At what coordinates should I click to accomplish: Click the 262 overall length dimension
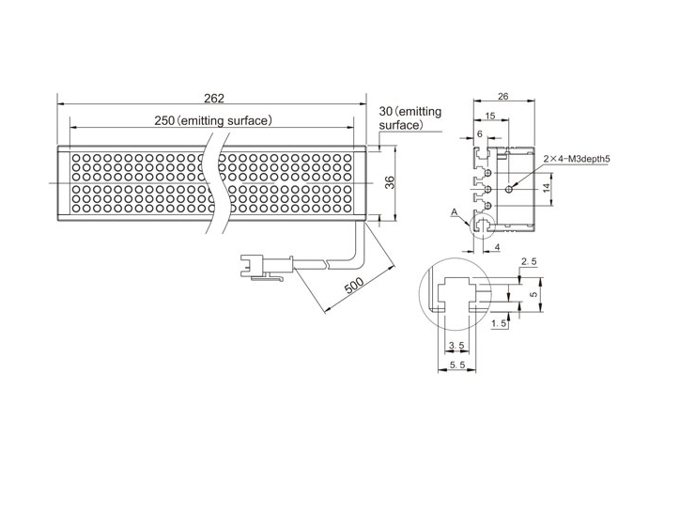[x=214, y=99]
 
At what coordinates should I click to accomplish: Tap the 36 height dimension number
[x=391, y=182]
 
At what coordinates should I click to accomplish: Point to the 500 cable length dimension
[x=353, y=287]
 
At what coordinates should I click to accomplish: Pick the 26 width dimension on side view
[x=502, y=96]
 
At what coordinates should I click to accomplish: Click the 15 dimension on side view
[x=489, y=116]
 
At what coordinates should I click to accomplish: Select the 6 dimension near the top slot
[x=480, y=134]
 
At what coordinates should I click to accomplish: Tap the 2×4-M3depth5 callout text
[x=577, y=159]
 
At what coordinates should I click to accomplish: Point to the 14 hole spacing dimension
[x=546, y=188]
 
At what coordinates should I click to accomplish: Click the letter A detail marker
[x=454, y=211]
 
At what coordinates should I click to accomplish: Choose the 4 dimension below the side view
[x=497, y=247]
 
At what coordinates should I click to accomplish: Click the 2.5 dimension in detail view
[x=529, y=261]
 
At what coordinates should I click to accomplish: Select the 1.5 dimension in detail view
[x=499, y=323]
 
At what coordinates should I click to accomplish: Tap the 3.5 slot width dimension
[x=456, y=345]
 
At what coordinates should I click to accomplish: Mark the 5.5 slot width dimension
[x=456, y=366]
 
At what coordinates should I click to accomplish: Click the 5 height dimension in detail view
[x=533, y=294]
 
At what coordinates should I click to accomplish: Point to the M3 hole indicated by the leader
[x=510, y=189]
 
